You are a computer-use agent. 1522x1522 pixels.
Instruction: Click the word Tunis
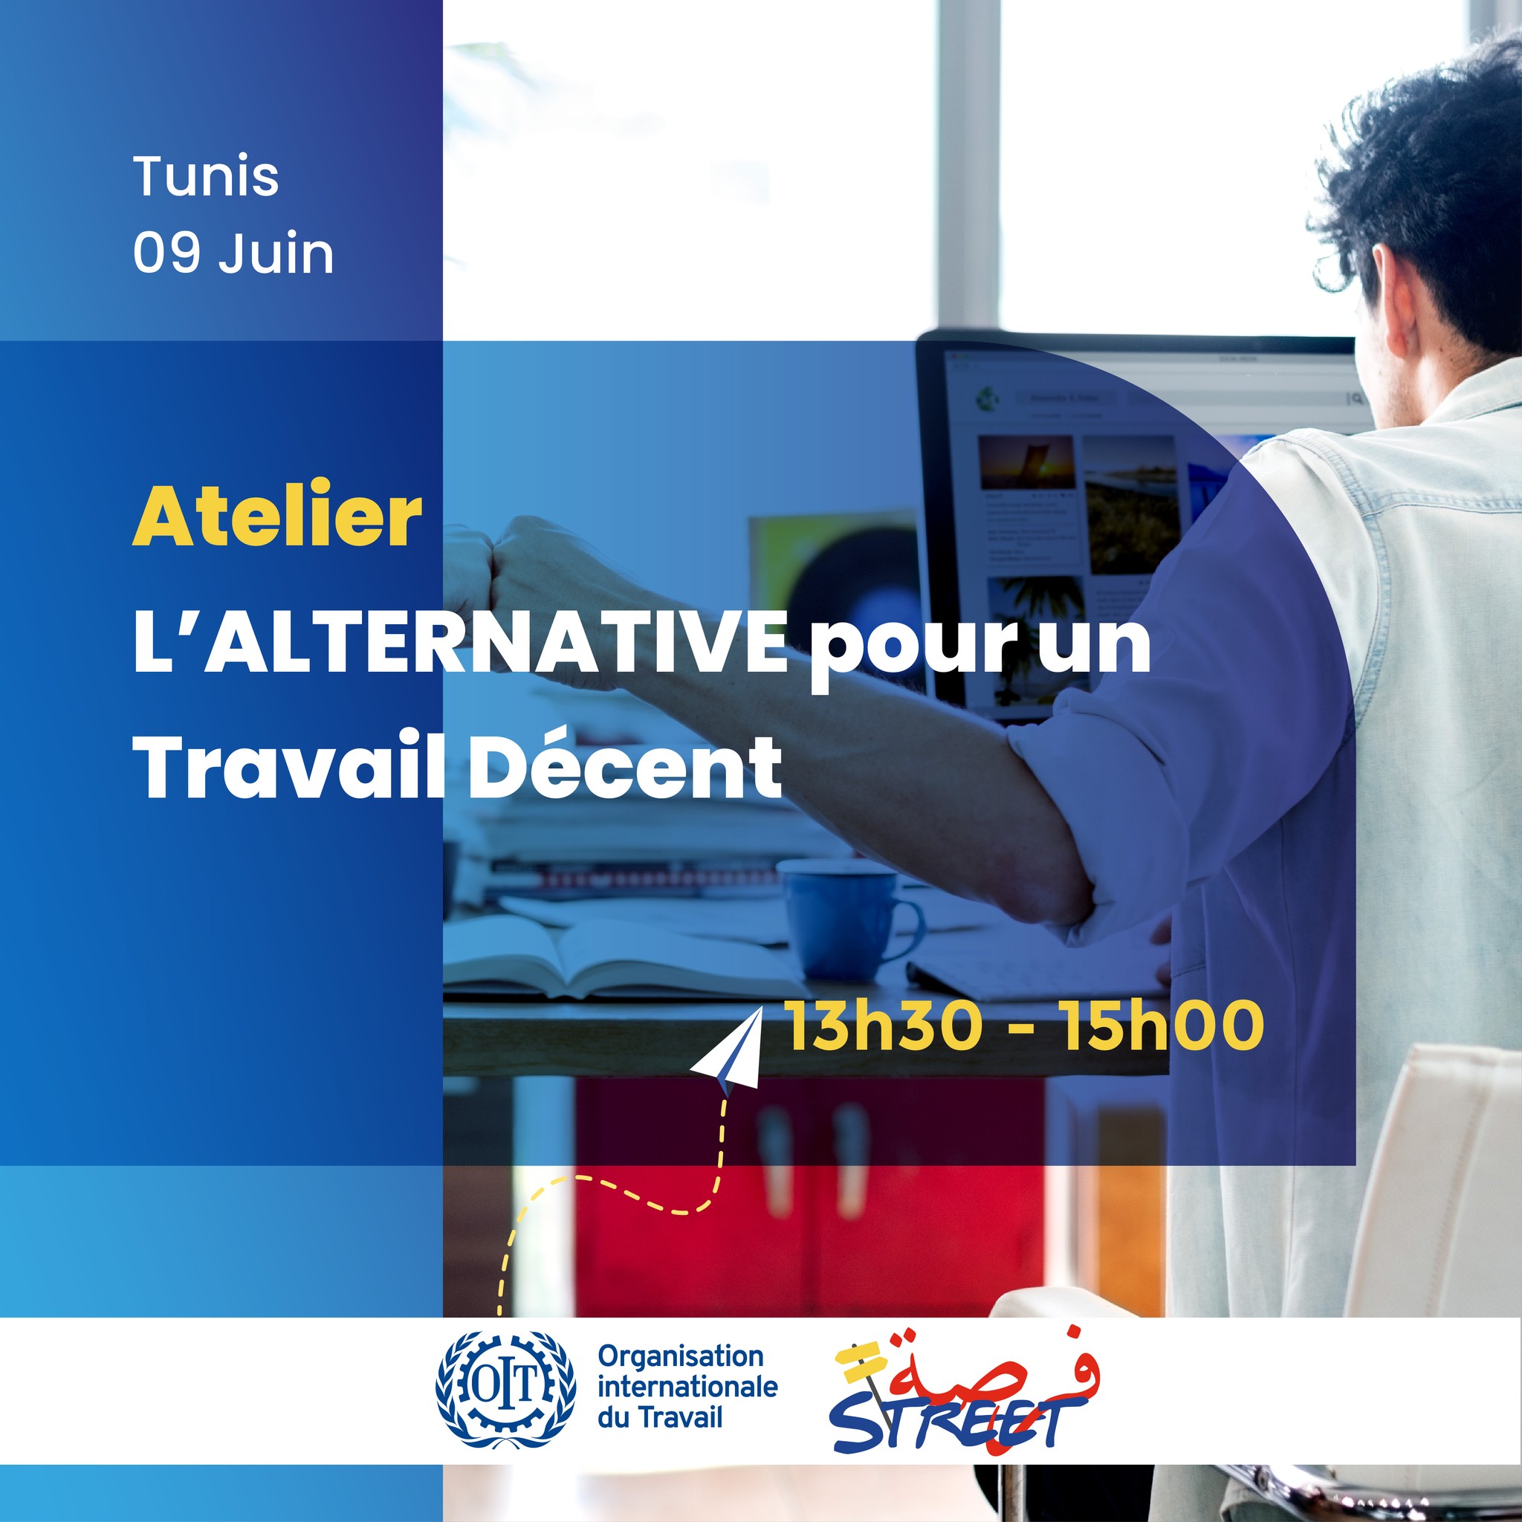(x=206, y=175)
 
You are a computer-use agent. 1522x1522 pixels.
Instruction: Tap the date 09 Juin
(x=233, y=253)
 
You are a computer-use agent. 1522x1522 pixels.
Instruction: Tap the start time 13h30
(x=883, y=1026)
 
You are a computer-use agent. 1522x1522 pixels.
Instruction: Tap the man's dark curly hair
(x=1426, y=189)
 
